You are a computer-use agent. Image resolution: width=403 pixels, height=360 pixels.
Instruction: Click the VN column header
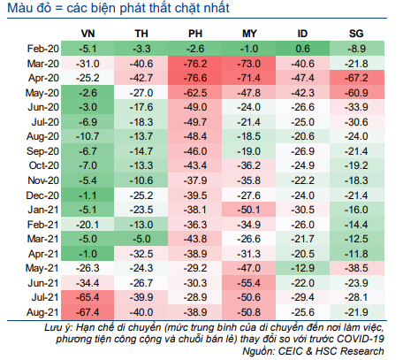(x=87, y=34)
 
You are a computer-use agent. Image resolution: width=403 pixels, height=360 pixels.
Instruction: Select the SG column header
(x=356, y=34)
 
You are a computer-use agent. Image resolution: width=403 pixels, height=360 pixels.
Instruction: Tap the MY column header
(x=249, y=34)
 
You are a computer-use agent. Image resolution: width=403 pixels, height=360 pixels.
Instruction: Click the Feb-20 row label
(x=43, y=49)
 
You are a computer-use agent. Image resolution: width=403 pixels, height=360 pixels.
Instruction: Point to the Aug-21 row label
(x=42, y=312)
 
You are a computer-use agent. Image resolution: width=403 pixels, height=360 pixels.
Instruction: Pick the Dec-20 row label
(x=42, y=195)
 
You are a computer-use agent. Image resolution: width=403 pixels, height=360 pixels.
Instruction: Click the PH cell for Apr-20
(x=195, y=78)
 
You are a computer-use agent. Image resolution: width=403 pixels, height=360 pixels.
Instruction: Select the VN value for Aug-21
(x=87, y=312)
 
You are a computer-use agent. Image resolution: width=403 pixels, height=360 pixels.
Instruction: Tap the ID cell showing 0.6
(x=302, y=49)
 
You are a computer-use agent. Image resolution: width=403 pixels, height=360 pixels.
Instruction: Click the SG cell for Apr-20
(x=357, y=78)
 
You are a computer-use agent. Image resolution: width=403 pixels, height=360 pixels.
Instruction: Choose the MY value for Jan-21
(x=249, y=210)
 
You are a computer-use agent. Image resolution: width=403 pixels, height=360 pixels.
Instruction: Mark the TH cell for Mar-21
(x=141, y=239)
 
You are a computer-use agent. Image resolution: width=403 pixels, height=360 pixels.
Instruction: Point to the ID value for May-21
(x=302, y=268)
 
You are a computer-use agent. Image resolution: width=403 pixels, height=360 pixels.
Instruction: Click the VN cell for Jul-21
(x=87, y=297)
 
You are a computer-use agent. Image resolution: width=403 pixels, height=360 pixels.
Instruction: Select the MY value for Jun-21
(x=249, y=283)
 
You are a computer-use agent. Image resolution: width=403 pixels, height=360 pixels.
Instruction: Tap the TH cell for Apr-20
(x=141, y=78)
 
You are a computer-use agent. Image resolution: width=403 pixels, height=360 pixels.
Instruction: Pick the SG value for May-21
(x=357, y=268)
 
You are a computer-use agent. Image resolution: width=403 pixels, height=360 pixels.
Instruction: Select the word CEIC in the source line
(x=290, y=351)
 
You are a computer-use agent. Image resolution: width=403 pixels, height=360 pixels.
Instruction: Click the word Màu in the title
(x=20, y=8)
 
